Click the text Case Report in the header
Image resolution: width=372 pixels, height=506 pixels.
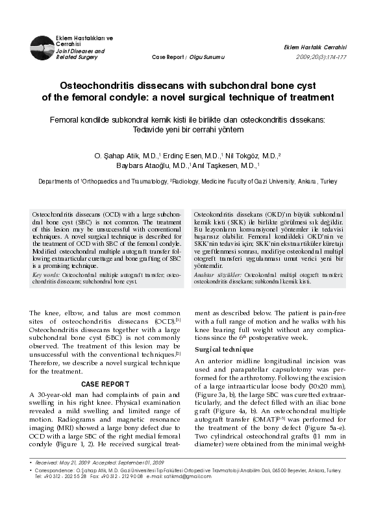point(167,56)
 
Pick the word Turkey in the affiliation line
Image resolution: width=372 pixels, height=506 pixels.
point(327,183)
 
